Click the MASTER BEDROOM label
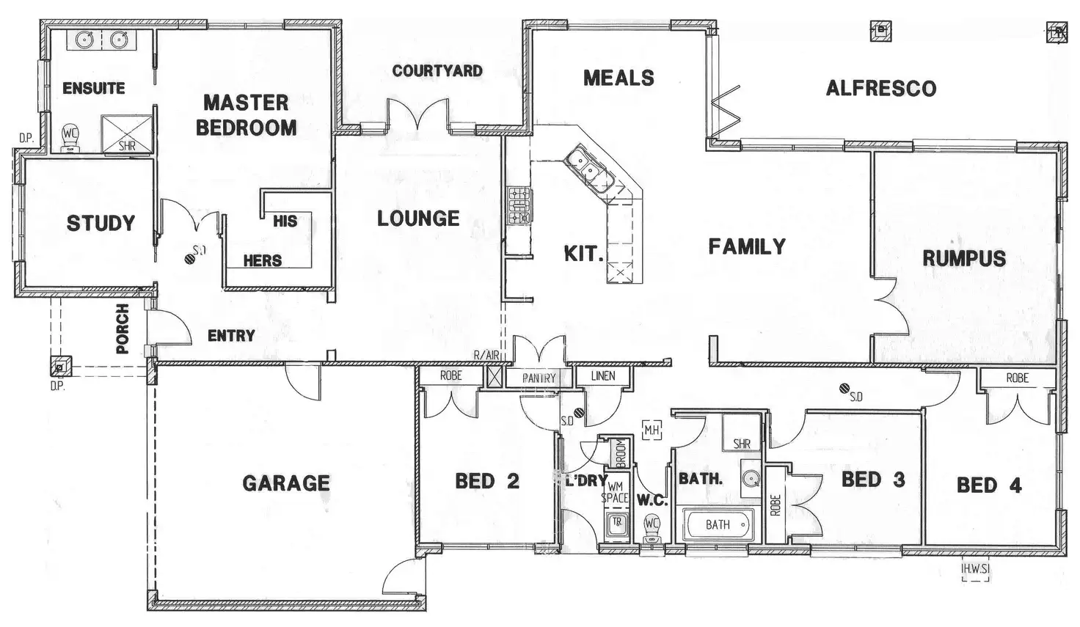(246, 115)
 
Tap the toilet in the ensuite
(70, 137)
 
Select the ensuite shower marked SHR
(127, 133)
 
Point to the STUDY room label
(101, 223)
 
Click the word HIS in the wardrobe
(285, 221)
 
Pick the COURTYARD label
(437, 71)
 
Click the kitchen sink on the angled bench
(588, 166)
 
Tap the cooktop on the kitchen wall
(519, 205)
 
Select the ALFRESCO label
(880, 89)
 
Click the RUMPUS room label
(963, 258)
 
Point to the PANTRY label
(539, 378)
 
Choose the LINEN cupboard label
(603, 376)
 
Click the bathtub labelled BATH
(718, 524)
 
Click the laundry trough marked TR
(617, 524)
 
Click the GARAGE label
(286, 483)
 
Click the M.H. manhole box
(651, 430)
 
